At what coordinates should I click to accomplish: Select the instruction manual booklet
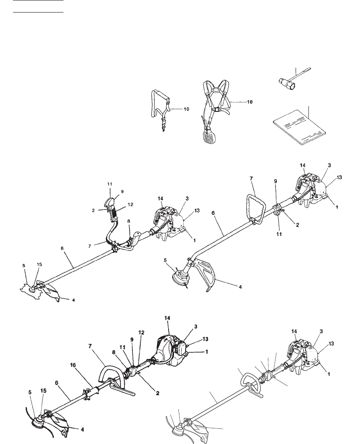pos(300,128)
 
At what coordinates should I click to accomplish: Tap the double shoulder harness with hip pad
pos(215,111)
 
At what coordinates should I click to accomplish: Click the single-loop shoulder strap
pos(160,109)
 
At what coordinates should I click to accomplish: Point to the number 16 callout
pos(73,365)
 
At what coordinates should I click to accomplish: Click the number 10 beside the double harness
pos(250,102)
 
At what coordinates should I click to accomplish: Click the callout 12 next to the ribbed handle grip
pos(131,204)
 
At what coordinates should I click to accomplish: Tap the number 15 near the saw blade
pos(39,265)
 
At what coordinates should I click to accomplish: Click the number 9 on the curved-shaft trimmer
pos(275,181)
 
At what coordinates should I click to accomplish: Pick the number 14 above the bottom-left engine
pos(167,318)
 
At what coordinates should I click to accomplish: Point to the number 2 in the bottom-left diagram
pos(158,393)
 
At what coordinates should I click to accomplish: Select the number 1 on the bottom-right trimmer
pos(329,374)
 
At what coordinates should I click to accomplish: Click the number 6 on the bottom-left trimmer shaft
pos(57,383)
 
